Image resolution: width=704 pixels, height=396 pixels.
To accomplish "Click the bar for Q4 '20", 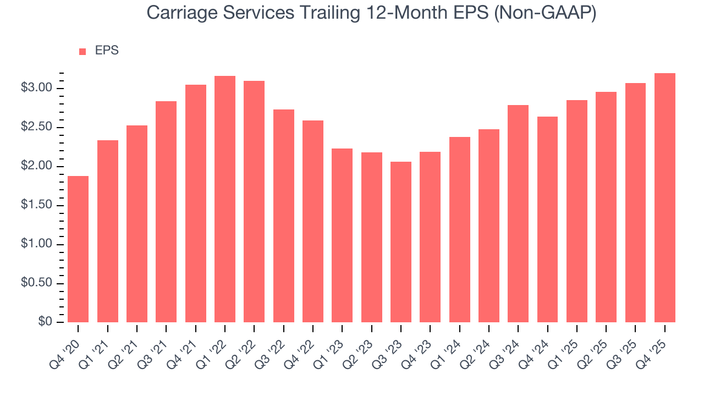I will tap(78, 249).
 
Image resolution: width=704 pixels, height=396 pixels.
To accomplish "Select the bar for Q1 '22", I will tap(225, 199).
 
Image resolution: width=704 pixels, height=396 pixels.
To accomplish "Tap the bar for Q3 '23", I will tap(401, 242).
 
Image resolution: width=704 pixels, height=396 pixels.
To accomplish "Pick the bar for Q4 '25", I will tap(665, 198).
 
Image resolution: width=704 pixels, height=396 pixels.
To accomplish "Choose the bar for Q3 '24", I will tap(518, 213).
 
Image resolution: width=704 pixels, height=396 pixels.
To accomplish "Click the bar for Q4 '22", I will tap(313, 221).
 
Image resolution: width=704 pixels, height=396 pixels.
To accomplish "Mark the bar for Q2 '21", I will tap(137, 224).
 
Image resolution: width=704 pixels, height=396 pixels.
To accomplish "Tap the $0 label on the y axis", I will tap(45, 322).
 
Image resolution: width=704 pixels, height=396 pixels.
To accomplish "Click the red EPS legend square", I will tap(82, 51).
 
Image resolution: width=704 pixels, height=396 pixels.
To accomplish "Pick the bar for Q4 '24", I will tap(548, 219).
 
